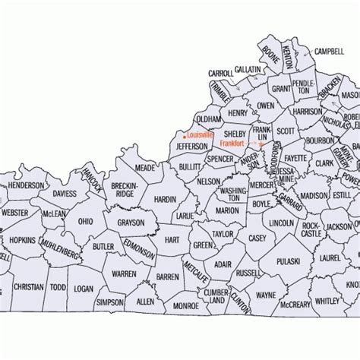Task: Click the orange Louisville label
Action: point(201,135)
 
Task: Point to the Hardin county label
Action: point(165,199)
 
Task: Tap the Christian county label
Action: point(29,288)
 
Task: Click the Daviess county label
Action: point(65,194)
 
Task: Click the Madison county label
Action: point(314,195)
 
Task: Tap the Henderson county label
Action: point(26,185)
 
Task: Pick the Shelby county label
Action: point(234,133)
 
